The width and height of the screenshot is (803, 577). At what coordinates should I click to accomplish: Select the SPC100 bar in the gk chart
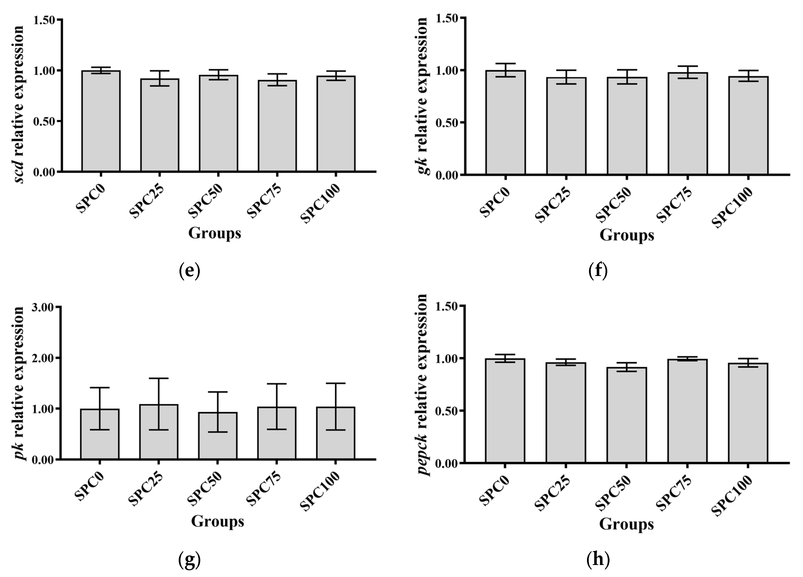pos(748,126)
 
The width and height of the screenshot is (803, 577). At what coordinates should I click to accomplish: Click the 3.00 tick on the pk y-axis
pos(43,307)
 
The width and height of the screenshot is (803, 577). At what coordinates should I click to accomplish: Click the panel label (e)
pos(190,271)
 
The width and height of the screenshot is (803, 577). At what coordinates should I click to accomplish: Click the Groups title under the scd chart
pos(215,233)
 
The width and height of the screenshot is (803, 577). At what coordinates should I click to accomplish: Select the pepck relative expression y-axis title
pos(422,385)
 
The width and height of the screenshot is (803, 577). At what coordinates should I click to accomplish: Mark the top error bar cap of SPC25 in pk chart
pos(159,378)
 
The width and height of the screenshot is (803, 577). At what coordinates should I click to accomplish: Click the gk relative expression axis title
pos(422,96)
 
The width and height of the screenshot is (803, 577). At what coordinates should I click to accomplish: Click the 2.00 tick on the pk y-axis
pos(43,358)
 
